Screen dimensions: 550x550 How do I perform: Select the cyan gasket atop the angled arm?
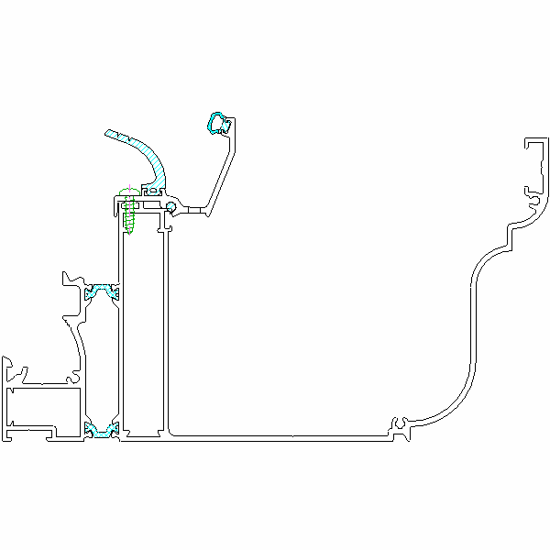(x=217, y=122)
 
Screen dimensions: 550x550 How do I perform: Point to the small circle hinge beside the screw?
(x=170, y=208)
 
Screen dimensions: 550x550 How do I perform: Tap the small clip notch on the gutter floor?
(x=401, y=424)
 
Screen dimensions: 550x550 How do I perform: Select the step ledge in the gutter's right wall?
(x=509, y=234)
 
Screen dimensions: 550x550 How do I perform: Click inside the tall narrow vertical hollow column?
(x=143, y=321)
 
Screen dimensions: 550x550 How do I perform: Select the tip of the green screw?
(x=129, y=232)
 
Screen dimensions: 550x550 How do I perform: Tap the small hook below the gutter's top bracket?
(x=530, y=194)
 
